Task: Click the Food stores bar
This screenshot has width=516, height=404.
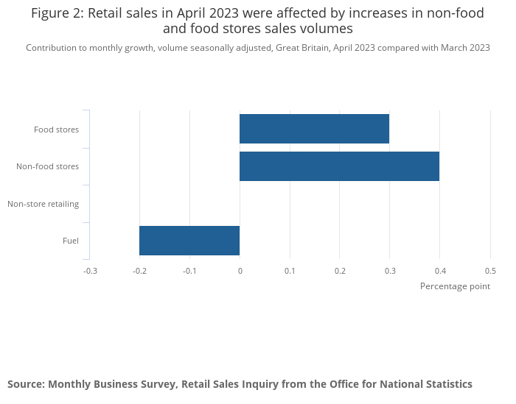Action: pos(314,129)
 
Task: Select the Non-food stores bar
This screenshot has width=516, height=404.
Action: pos(339,166)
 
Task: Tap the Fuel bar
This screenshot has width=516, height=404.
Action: pos(189,241)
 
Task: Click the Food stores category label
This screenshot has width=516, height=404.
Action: pos(56,130)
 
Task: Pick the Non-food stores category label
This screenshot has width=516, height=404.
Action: pos(47,167)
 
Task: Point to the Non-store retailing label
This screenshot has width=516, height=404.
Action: pos(43,204)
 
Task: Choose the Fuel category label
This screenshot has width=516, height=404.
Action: pos(71,241)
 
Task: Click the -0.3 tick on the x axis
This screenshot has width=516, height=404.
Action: pos(90,271)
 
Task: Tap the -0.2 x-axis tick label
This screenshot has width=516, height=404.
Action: pos(140,271)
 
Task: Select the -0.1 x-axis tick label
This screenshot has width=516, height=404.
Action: pos(190,271)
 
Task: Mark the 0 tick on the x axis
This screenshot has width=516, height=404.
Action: pos(240,271)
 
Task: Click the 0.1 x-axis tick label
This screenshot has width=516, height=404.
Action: pos(290,271)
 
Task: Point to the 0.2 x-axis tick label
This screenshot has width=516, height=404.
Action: pos(340,271)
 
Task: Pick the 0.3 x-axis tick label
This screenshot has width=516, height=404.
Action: pos(390,271)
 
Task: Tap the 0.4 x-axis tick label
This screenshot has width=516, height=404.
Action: pos(440,271)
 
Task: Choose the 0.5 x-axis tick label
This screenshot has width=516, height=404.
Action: pos(490,271)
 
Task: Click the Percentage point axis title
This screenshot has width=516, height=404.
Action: pos(455,286)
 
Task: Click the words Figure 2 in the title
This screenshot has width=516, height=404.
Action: pos(56,13)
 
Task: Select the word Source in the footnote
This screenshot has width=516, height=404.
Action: pos(26,384)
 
